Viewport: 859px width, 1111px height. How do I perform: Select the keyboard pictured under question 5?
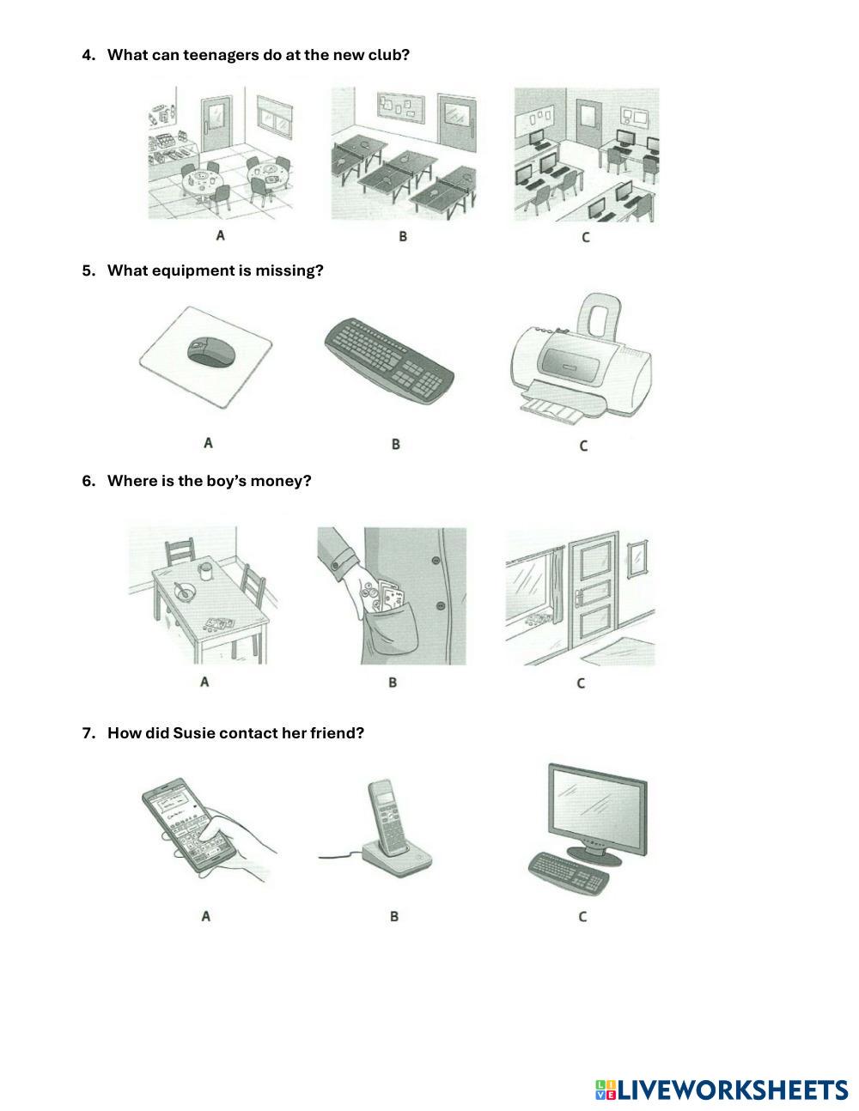389,361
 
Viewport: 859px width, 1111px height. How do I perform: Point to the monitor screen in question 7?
597,810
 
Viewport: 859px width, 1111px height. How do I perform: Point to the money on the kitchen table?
218,623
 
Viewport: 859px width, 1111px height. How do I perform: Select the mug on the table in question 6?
205,571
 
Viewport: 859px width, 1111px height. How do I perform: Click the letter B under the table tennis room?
403,236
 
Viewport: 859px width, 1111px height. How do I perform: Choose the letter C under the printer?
583,446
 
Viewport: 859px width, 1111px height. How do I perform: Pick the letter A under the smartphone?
206,916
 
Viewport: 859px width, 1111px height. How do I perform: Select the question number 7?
88,733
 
